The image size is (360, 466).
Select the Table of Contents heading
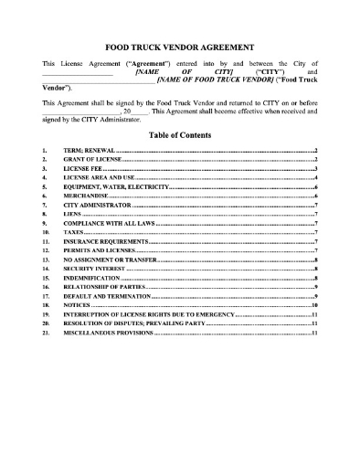click(x=179, y=133)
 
